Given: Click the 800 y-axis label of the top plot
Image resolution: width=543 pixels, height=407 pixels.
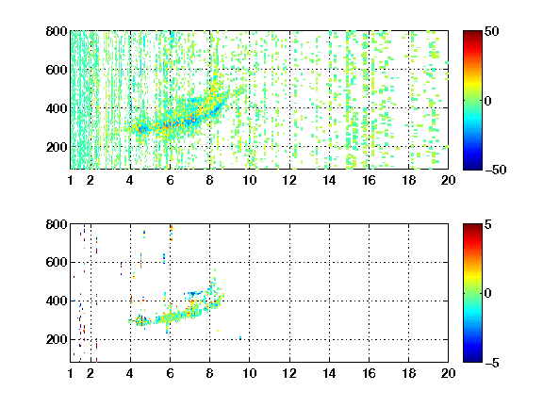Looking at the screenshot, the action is point(57,31).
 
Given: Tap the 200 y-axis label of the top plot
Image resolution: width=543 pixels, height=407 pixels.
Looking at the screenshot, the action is point(57,147).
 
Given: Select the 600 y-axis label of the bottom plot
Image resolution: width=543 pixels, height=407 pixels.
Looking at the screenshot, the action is point(57,262).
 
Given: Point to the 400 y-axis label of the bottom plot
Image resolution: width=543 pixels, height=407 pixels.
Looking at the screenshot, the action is point(57,301).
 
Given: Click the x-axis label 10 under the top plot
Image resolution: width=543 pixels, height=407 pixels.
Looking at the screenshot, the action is point(249,180).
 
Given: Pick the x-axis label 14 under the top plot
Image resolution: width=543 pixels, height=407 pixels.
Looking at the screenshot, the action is point(329,180).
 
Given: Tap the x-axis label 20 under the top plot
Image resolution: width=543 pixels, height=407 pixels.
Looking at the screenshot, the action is point(448,180).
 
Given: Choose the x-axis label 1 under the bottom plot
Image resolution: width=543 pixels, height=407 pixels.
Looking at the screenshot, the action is point(71,373).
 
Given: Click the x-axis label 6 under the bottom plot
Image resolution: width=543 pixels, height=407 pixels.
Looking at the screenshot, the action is point(170,373).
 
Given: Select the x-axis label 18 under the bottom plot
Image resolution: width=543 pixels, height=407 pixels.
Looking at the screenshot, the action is point(408,373).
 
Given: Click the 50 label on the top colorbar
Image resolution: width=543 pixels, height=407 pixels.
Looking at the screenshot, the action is point(492,31).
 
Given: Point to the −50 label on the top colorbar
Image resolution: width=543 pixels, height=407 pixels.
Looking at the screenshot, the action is point(496,170).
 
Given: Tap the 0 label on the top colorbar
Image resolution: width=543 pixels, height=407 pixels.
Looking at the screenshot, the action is point(488,101).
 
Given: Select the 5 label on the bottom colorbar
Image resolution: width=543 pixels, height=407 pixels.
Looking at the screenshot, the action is point(488,224).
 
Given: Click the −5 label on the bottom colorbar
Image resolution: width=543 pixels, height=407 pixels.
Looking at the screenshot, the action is point(492,363).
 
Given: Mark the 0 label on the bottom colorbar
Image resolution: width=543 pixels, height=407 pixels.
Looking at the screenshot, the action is point(488,294).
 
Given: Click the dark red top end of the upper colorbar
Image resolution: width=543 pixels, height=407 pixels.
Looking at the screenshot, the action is point(472,33).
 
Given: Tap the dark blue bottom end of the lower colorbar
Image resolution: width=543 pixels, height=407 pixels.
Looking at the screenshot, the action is point(472,360).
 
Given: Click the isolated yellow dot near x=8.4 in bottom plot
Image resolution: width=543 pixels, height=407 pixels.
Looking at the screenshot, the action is point(218,331).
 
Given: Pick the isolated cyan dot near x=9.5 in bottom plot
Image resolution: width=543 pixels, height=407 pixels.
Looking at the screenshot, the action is point(240,338).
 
